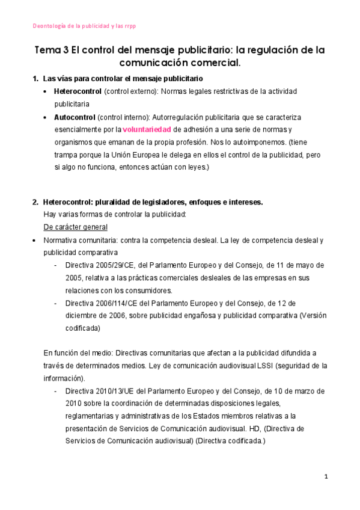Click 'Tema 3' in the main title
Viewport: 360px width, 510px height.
(x=52, y=51)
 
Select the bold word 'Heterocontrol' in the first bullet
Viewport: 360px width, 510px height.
(x=78, y=91)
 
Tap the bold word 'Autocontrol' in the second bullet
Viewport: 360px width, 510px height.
(x=74, y=117)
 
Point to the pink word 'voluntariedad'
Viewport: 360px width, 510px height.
(x=147, y=129)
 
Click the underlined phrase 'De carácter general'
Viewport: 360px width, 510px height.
(x=76, y=227)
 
